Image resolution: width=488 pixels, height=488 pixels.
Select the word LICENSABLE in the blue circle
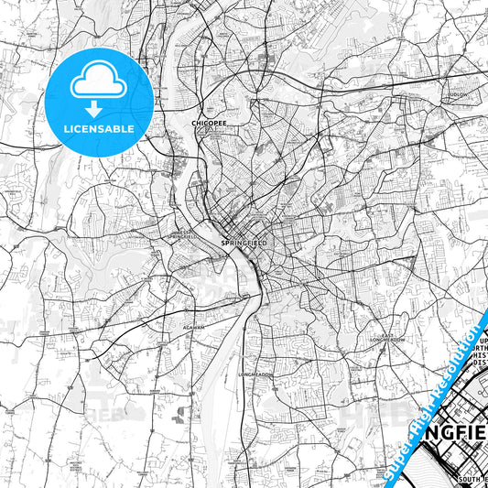pyautogui.click(x=99, y=129)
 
